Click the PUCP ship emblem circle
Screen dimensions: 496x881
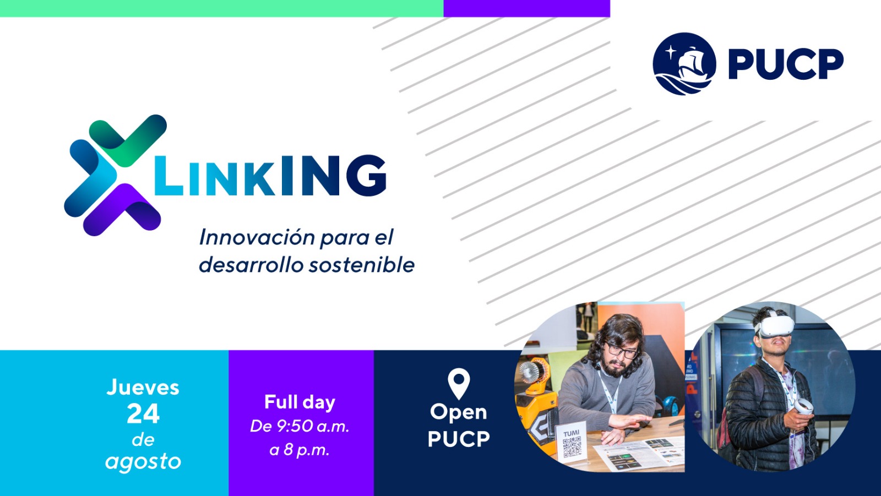tap(684, 64)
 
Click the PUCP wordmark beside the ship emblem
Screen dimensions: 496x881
tap(786, 64)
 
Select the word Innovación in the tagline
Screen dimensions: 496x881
tap(257, 237)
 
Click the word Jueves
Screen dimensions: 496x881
tap(143, 388)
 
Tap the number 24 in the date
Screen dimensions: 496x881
tap(143, 414)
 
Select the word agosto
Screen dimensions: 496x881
tap(143, 462)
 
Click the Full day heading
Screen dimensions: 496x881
tap(300, 402)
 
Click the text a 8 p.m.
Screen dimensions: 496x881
tap(300, 450)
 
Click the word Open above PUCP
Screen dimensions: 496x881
tap(459, 412)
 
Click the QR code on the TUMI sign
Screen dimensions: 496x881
tap(572, 448)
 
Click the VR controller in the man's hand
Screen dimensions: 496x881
tap(803, 406)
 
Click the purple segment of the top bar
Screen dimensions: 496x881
tap(526, 8)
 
